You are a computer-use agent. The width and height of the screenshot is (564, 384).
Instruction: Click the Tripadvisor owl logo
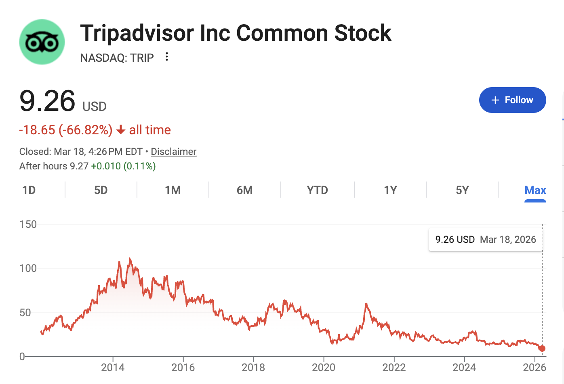42,42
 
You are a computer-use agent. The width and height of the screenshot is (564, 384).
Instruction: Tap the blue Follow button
512,100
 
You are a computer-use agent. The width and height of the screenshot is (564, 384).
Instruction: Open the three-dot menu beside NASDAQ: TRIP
166,57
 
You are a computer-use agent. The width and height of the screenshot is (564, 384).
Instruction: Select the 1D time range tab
29,190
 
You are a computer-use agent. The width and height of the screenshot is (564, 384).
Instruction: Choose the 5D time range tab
101,190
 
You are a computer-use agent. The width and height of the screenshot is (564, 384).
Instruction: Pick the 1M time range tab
173,190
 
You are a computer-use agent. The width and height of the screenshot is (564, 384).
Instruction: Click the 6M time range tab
245,190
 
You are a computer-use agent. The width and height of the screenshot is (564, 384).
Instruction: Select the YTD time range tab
318,190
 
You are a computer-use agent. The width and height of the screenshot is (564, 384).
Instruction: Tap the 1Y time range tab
390,190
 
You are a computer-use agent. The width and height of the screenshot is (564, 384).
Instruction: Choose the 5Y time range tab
462,190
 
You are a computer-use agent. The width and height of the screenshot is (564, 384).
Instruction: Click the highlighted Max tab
535,190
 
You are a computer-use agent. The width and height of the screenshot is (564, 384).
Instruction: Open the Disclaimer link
173,152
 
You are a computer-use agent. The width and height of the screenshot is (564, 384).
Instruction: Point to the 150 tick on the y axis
28,224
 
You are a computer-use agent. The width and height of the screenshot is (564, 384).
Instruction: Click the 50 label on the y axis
25,313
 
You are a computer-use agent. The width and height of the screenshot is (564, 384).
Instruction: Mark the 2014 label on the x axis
113,367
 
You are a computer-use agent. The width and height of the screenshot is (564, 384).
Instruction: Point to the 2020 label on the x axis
324,367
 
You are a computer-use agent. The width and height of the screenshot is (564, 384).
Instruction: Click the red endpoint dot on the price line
542,349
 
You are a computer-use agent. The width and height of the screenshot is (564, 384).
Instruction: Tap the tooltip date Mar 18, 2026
508,240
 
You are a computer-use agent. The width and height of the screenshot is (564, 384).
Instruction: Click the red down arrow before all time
120,130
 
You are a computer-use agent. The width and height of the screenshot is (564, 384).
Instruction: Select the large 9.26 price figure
47,101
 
